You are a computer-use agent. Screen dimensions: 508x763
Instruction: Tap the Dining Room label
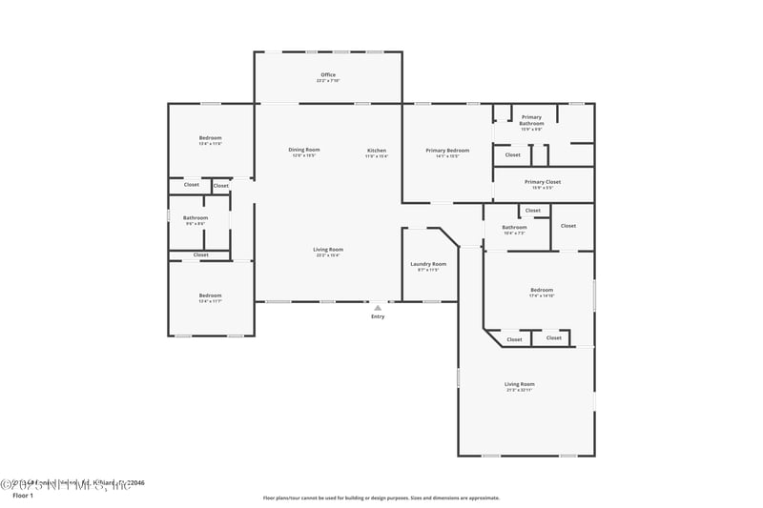tap(304, 151)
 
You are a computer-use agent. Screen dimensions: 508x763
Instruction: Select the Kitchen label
tap(377, 151)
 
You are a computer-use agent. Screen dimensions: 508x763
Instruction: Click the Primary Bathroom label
tap(531, 120)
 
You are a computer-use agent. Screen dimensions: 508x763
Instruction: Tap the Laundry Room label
tap(428, 265)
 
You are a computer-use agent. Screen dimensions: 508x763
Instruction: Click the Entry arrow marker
tap(378, 308)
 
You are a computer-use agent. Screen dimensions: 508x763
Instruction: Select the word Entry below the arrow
tap(378, 316)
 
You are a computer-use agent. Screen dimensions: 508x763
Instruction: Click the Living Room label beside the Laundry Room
tap(327, 252)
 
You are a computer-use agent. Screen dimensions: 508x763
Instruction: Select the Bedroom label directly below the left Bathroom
tap(210, 296)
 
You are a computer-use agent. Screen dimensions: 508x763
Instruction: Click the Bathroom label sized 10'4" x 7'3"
tap(515, 229)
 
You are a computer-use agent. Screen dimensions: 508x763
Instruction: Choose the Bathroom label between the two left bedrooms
tap(195, 219)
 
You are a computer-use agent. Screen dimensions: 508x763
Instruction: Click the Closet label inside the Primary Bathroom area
tap(513, 154)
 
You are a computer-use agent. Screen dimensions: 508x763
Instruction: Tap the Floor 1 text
tap(22, 496)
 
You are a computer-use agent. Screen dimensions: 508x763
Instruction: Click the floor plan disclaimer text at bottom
tap(381, 498)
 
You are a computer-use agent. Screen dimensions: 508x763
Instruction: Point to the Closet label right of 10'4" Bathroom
tap(568, 226)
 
